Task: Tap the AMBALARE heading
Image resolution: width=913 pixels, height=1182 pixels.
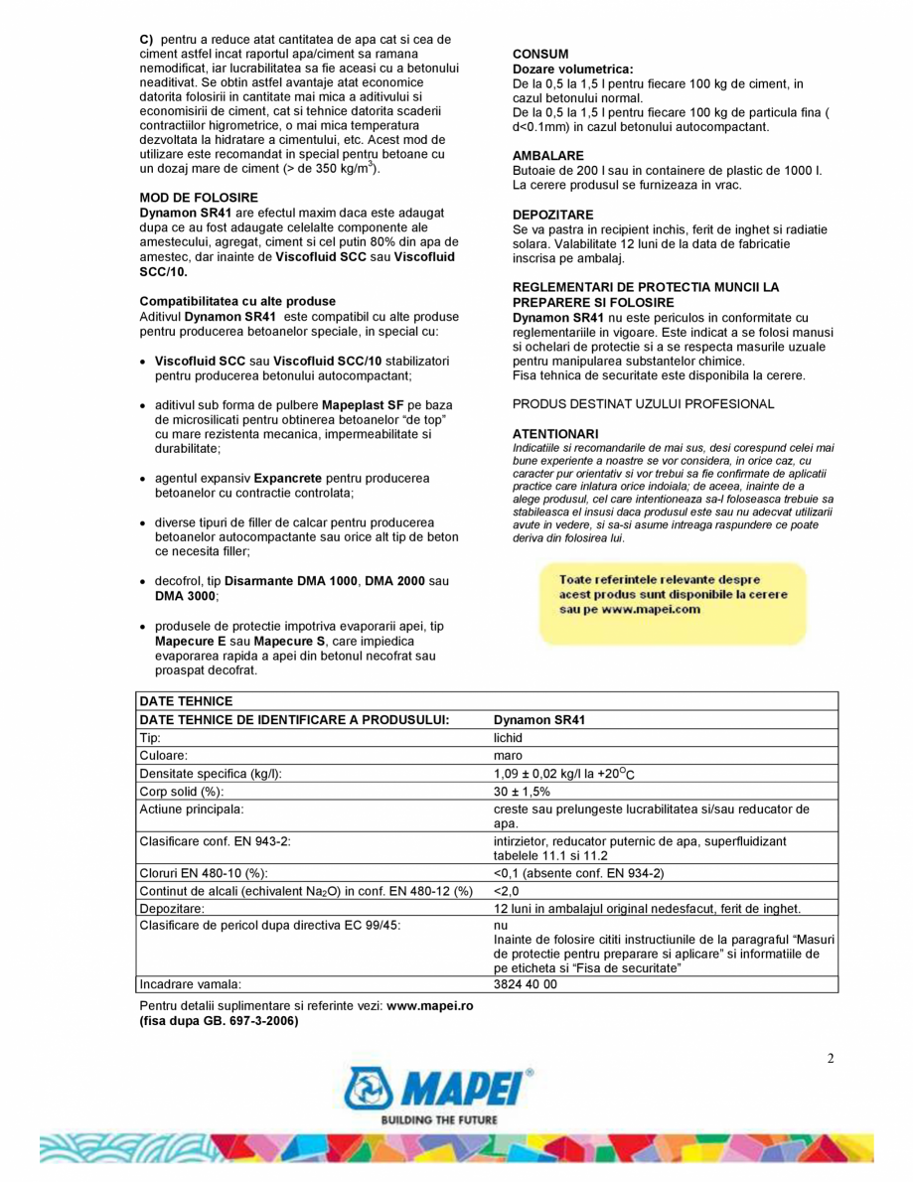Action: pyautogui.click(x=547, y=156)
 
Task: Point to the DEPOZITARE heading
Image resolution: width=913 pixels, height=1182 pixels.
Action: pyautogui.click(x=552, y=214)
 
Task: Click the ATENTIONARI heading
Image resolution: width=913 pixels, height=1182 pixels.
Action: pyautogui.click(x=555, y=433)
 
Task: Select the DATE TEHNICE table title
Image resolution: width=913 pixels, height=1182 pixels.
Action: pyautogui.click(x=185, y=701)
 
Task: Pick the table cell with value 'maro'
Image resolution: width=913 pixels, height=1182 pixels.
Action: pyautogui.click(x=508, y=755)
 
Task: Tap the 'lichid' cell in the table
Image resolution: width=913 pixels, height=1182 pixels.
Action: pyautogui.click(x=508, y=738)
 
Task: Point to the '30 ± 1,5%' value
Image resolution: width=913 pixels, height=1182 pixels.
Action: pyautogui.click(x=522, y=791)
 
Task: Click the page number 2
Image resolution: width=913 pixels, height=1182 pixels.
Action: pyautogui.click(x=831, y=1057)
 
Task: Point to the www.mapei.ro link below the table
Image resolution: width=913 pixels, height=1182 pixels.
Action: pyautogui.click(x=429, y=1005)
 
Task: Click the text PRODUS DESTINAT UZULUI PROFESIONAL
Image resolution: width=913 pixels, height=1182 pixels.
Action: pyautogui.click(x=643, y=403)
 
